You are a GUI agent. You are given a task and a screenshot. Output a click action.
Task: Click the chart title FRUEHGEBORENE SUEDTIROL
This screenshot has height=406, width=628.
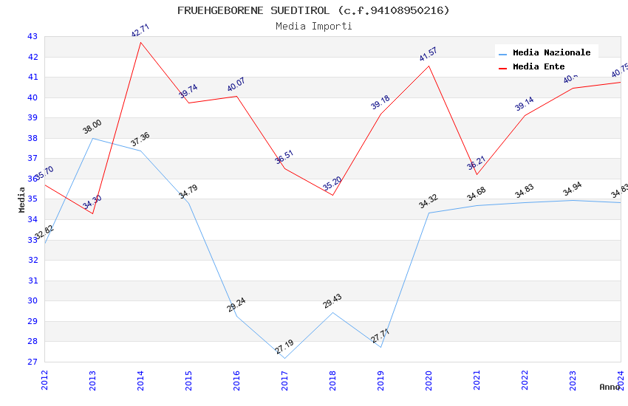(313, 10)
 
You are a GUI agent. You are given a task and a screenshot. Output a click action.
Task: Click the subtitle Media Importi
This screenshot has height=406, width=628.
(313, 26)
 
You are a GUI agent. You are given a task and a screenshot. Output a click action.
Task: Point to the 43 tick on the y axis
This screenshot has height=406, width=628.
(32, 36)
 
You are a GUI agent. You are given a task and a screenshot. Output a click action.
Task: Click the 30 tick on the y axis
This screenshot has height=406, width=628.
(32, 300)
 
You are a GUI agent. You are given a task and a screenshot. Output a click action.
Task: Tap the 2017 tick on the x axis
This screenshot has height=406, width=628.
(285, 380)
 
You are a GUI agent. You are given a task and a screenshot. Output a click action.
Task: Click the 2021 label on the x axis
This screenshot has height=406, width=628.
(477, 380)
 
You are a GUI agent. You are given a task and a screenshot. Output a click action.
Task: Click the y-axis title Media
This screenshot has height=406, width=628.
(22, 199)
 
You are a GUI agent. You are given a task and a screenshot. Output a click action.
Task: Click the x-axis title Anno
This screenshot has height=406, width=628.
(610, 387)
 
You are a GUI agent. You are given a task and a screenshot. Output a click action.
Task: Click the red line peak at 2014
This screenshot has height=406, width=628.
(140, 42)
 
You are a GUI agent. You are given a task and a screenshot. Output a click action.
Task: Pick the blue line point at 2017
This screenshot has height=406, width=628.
(284, 358)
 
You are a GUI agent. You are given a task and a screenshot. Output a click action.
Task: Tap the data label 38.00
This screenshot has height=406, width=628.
(92, 127)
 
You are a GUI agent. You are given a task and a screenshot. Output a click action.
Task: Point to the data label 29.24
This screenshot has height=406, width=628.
(236, 305)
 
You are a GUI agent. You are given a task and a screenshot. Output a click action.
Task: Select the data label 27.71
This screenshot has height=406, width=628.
(380, 336)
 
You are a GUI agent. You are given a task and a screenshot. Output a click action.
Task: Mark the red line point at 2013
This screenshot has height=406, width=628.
(92, 213)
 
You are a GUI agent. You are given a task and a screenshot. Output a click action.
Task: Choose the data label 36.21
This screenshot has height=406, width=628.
(476, 163)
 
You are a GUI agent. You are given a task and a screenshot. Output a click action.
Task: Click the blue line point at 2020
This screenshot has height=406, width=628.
(429, 213)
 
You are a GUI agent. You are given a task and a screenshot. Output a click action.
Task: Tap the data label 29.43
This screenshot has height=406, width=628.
(332, 301)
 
